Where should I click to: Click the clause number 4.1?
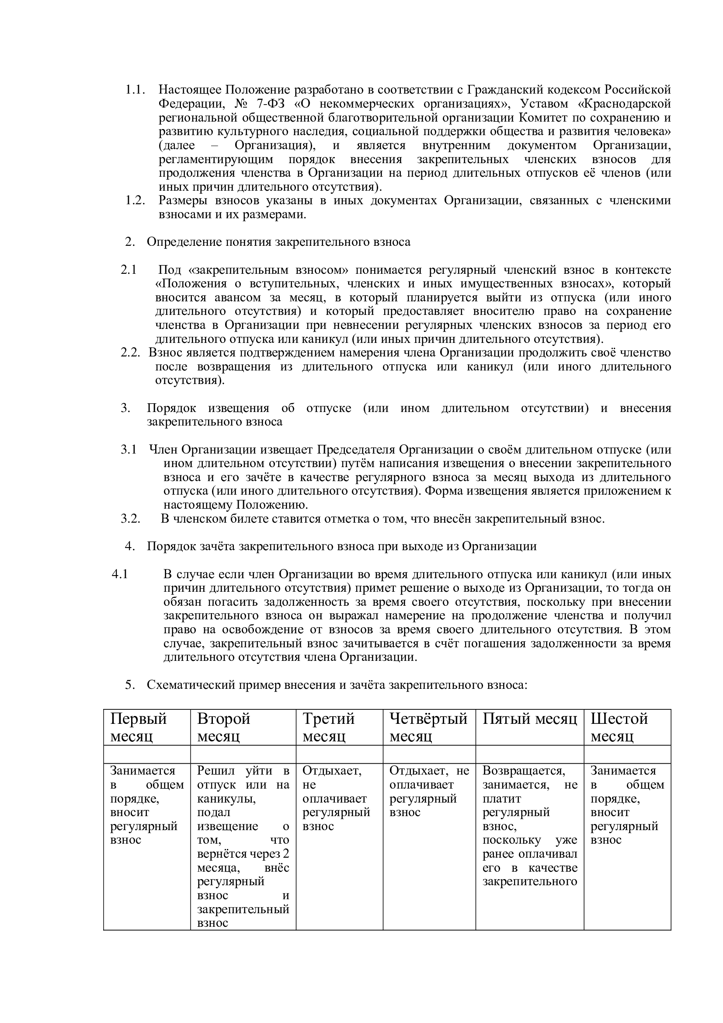click(x=120, y=574)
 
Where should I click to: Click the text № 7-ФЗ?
click(x=258, y=104)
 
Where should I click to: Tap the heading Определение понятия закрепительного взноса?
click(x=279, y=242)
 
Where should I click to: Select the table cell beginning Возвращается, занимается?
click(x=530, y=826)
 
